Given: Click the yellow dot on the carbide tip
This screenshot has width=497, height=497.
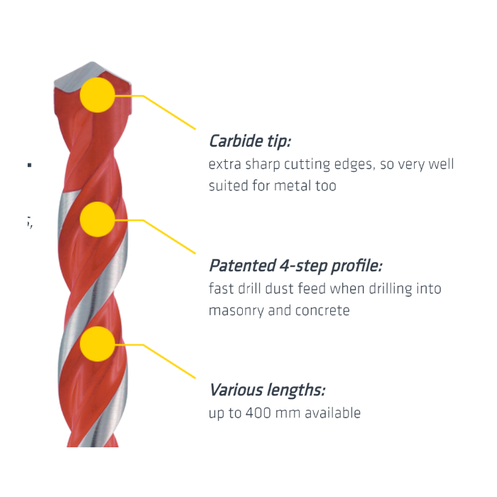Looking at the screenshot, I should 97,95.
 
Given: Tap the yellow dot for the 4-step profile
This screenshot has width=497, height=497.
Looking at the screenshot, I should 97,219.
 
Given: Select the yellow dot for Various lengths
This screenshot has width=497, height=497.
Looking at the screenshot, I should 97,344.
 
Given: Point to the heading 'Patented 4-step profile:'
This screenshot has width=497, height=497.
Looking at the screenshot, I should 295,266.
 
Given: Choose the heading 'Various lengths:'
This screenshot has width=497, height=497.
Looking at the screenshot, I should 267,390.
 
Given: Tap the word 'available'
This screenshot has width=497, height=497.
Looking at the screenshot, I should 333,413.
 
